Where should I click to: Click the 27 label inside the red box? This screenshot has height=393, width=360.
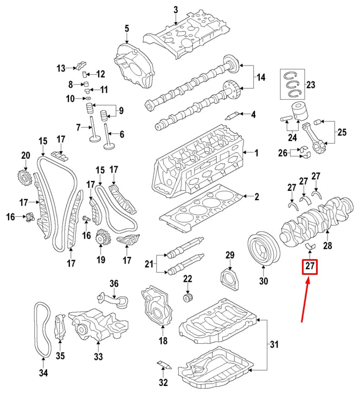(310, 266)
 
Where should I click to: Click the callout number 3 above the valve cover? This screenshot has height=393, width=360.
(176, 10)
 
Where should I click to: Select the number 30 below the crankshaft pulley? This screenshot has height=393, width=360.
(263, 281)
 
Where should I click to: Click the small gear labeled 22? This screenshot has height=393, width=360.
(187, 298)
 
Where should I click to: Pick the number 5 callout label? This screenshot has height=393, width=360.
(127, 29)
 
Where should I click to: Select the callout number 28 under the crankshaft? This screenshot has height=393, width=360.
(327, 246)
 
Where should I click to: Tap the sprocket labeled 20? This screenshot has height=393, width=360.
(25, 179)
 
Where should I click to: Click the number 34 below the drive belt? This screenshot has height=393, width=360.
(43, 373)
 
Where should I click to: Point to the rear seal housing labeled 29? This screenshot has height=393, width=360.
(229, 279)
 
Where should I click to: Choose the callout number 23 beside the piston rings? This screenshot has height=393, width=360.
(310, 85)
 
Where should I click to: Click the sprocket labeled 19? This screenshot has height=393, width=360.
(102, 237)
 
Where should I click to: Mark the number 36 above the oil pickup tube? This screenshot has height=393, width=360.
(114, 284)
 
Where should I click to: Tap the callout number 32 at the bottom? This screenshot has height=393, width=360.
(163, 383)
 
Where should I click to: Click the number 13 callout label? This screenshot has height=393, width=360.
(61, 68)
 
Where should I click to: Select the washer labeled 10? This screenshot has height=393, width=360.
(88, 97)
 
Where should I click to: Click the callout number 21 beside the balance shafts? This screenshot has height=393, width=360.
(149, 264)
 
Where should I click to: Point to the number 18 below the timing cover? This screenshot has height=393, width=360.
(163, 340)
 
